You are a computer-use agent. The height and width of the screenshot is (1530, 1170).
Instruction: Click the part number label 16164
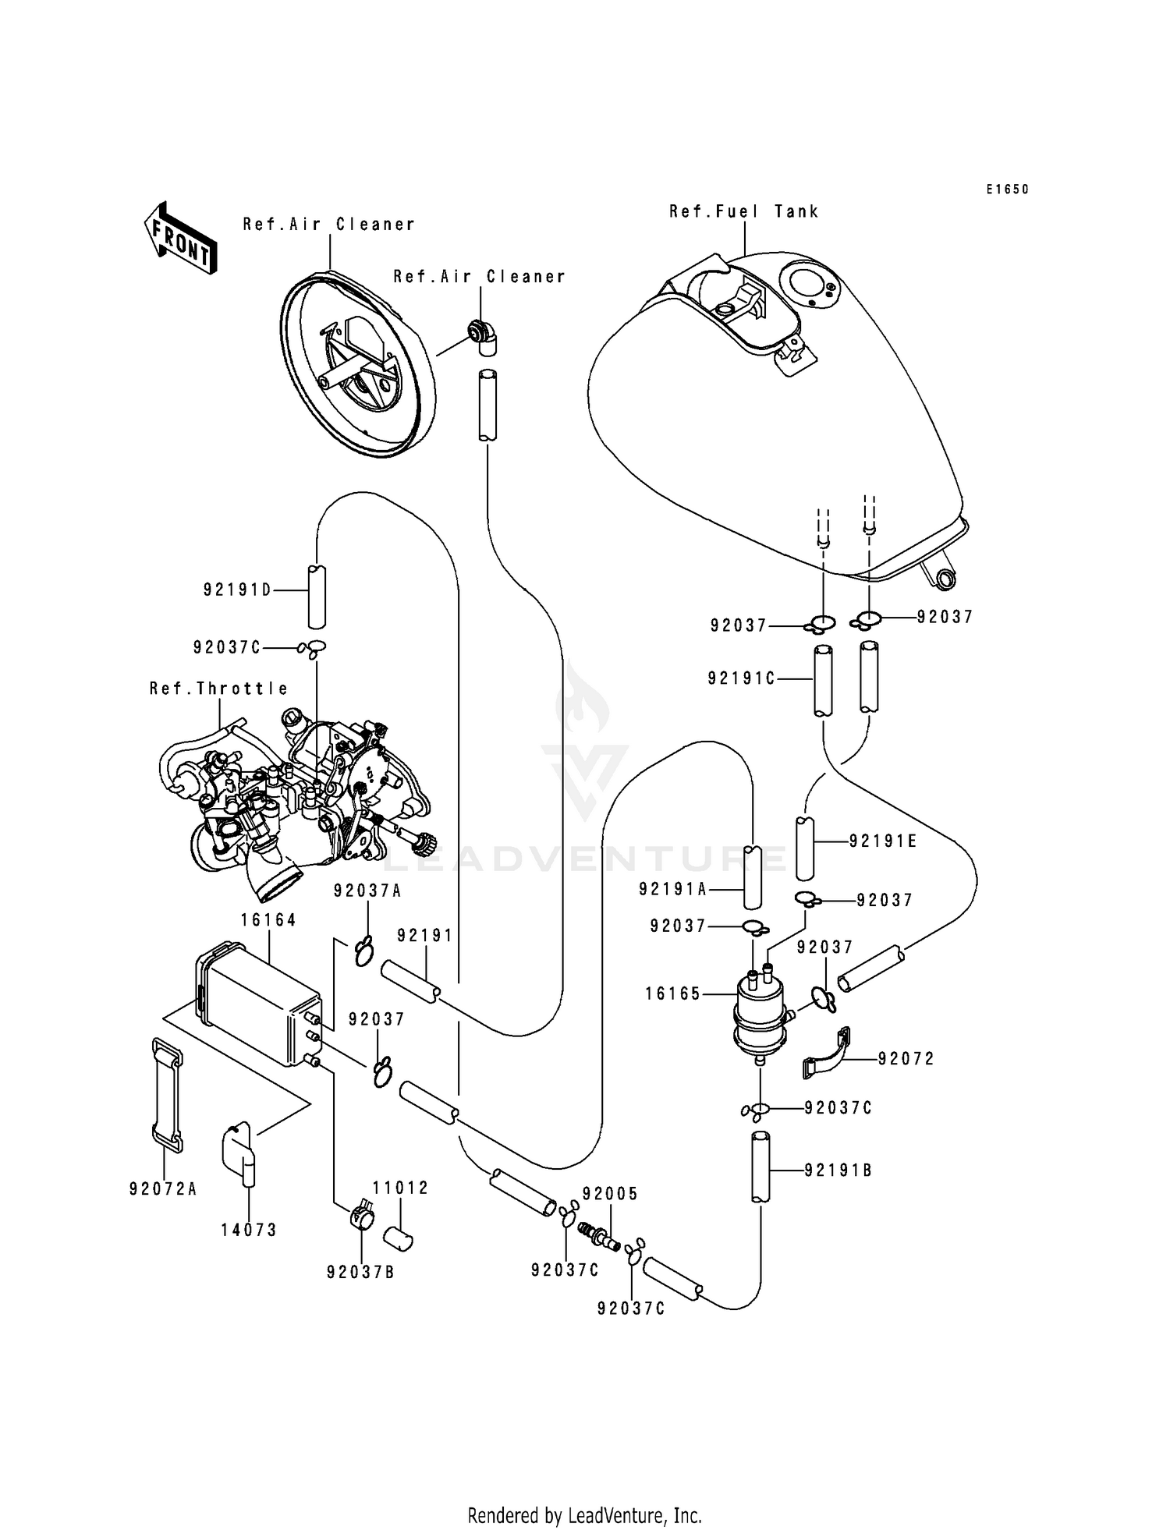[x=268, y=920]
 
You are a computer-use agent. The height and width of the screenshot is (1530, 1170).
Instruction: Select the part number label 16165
[x=673, y=994]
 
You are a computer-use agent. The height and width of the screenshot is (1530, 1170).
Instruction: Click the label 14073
[x=249, y=1230]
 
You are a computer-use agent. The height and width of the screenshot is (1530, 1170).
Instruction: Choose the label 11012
[x=400, y=1188]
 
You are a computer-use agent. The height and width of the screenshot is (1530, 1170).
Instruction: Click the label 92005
[x=610, y=1194]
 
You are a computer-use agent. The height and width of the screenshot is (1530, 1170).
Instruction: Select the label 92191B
[x=838, y=1171]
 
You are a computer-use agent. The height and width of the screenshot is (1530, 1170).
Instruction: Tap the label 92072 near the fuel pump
[x=906, y=1059]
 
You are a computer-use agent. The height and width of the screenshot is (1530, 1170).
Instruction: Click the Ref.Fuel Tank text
[x=743, y=211]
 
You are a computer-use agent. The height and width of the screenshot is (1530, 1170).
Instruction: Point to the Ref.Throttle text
[x=219, y=689]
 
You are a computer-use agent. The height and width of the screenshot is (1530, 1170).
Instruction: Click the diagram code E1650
[x=1007, y=189]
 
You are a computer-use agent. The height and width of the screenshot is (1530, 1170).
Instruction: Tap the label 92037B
[x=360, y=1272]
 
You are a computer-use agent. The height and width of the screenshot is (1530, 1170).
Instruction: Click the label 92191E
[x=883, y=841]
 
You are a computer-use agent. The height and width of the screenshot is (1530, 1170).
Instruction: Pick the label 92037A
[x=367, y=891]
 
